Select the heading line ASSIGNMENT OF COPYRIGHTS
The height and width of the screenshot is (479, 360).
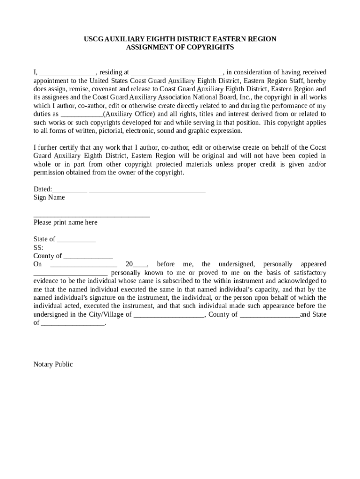[x=180, y=47]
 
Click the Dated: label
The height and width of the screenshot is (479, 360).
[x=43, y=189]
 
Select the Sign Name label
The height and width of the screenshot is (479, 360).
[x=49, y=197]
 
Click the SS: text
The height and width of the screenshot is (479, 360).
[x=38, y=247]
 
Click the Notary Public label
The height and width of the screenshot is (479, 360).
[x=53, y=364]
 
